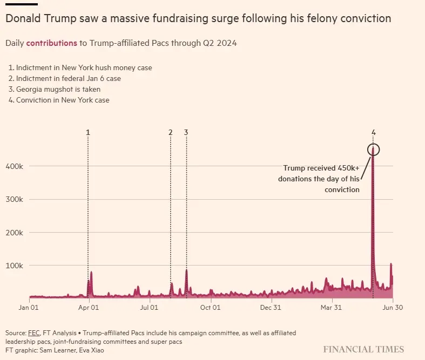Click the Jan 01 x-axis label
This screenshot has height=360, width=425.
click(28, 308)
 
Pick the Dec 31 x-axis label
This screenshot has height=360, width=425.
click(270, 308)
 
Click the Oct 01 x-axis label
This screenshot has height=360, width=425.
click(210, 308)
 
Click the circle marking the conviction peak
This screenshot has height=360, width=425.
click(373, 150)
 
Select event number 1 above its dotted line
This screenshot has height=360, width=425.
click(88, 132)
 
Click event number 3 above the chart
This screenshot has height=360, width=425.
click(186, 132)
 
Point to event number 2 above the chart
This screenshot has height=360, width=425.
click(170, 132)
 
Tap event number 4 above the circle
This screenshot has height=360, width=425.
click(373, 132)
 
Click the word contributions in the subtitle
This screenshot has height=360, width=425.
click(51, 43)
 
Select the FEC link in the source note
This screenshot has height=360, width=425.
click(34, 333)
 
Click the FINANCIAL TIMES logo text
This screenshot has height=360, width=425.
click(363, 349)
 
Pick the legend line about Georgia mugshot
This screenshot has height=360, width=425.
click(55, 89)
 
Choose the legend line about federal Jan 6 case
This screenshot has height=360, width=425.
click(65, 78)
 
